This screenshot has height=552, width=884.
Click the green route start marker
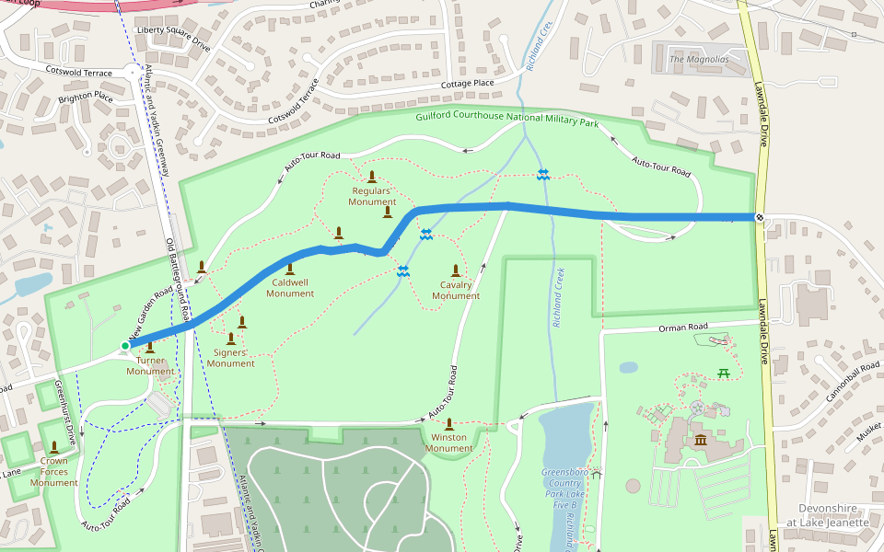tap(125, 346)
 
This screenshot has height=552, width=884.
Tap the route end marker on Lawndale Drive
tap(759, 217)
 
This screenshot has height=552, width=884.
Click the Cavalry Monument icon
tap(456, 270)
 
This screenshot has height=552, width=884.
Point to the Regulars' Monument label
tap(372, 196)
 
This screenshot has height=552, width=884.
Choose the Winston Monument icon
tap(448, 424)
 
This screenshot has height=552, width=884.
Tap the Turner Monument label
tap(150, 365)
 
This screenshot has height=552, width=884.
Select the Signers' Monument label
tap(230, 358)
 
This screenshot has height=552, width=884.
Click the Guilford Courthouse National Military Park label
tap(506, 120)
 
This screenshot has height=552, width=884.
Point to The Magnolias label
tap(699, 60)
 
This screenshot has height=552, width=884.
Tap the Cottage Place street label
tap(467, 84)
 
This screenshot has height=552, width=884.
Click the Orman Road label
tap(682, 328)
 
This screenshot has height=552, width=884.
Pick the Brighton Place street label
tap(86, 96)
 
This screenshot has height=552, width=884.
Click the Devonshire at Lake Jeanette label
tap(833, 515)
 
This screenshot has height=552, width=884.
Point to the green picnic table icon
tap(724, 373)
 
